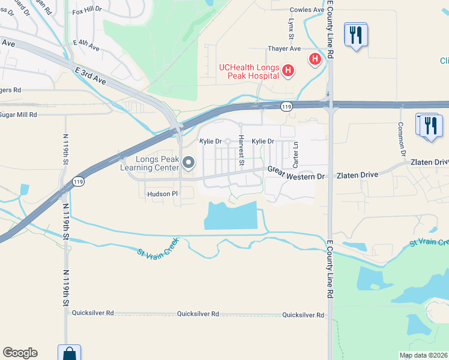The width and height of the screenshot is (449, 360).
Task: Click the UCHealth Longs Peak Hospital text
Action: point(249,71)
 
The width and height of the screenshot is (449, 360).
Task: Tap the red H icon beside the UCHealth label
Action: point(288,71)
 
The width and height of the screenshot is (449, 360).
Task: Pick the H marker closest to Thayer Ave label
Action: point(314,59)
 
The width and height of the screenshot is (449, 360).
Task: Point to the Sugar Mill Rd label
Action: point(18,114)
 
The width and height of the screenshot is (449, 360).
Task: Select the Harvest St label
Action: point(241,151)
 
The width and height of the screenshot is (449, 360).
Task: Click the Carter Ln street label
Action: point(295,155)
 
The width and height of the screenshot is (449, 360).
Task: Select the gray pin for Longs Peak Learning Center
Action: point(188,163)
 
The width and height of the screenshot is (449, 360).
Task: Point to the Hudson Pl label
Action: point(163,194)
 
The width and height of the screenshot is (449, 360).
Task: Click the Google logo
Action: point(20,353)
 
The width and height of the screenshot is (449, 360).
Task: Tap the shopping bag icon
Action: point(70,353)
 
